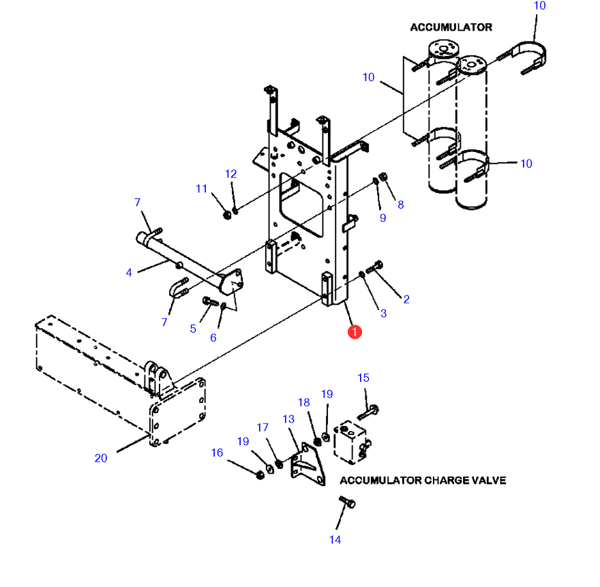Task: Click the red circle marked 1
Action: tap(355, 332)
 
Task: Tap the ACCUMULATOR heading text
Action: tap(451, 27)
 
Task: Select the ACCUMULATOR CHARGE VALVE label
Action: tap(423, 480)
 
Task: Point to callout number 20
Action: tap(101, 458)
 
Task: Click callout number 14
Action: tap(335, 539)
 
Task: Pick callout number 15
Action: tap(363, 378)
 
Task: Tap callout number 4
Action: tap(129, 273)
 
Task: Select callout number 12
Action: tap(230, 174)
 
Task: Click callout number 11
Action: tap(202, 189)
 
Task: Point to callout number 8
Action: tap(401, 205)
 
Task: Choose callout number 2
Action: tap(406, 299)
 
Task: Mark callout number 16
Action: tap(217, 453)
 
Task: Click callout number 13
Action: tap(288, 419)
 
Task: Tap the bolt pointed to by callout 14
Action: tap(347, 502)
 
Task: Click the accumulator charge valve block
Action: tap(351, 442)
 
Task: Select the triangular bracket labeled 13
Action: tap(308, 466)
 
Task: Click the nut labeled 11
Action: tap(227, 215)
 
